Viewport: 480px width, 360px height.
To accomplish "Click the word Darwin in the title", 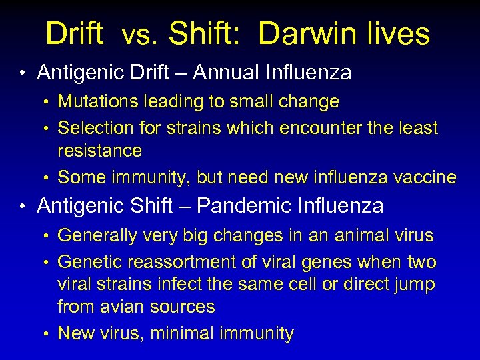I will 303,34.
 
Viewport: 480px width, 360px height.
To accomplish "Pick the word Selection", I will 97,127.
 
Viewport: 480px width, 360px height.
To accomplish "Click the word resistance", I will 100,151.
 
